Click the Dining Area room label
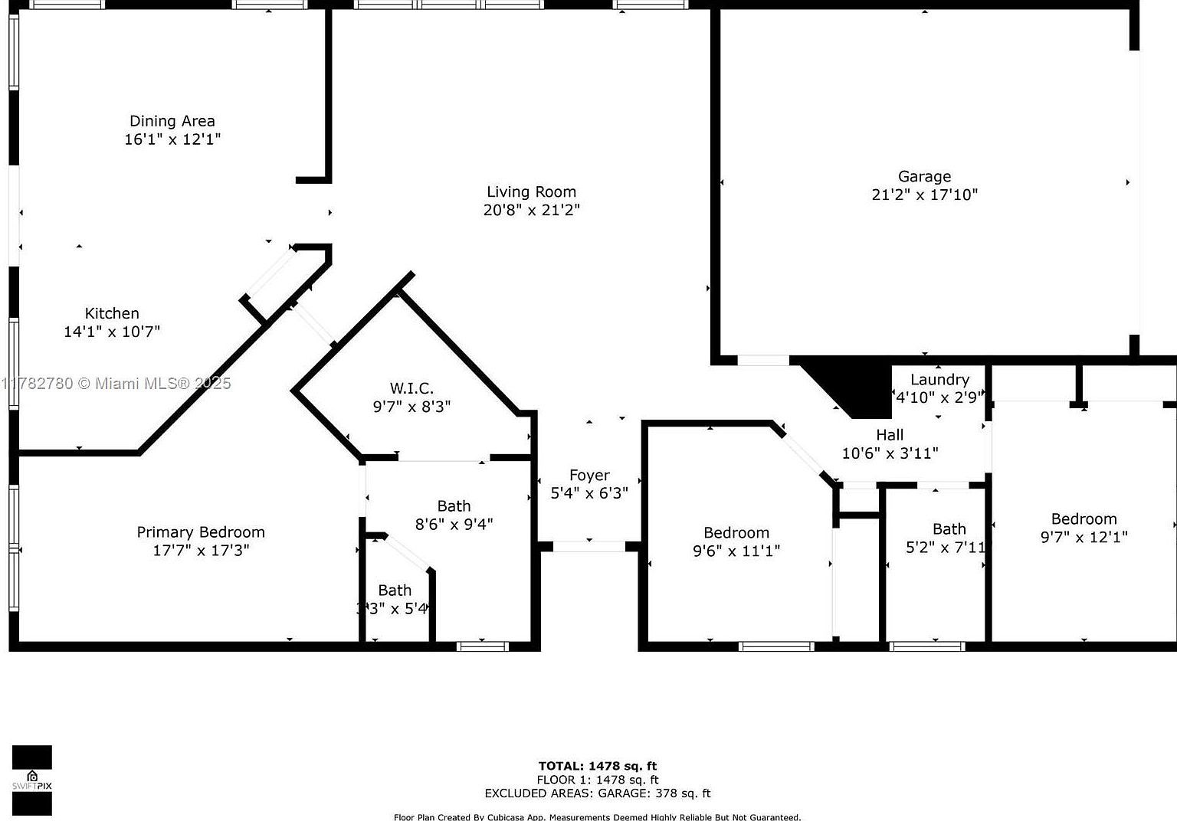(172, 121)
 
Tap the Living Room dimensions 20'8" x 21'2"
(531, 210)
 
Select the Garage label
(924, 177)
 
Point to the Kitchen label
(112, 313)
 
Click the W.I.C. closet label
(411, 388)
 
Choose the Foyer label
(589, 476)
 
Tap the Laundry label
(939, 380)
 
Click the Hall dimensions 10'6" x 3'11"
(890, 453)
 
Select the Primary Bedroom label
(201, 532)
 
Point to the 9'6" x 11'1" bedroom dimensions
(736, 551)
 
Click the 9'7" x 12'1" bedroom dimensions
(1084, 537)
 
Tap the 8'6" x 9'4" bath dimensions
(454, 524)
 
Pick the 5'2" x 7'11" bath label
(949, 529)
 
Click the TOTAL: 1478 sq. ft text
(597, 766)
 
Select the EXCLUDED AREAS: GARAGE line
(597, 793)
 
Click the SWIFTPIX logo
(31, 780)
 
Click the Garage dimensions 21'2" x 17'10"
(924, 195)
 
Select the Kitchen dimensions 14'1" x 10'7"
(112, 332)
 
